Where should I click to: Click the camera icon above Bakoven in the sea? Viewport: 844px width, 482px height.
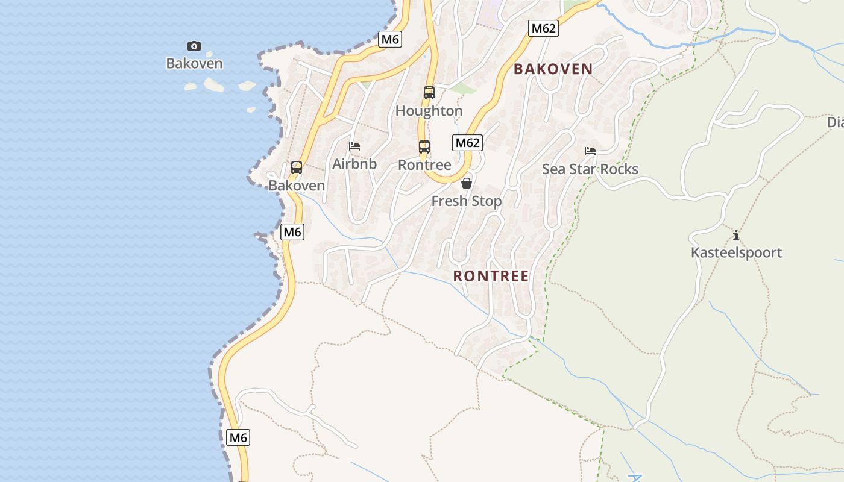tap(194, 46)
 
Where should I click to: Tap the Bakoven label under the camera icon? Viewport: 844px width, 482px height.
tap(194, 63)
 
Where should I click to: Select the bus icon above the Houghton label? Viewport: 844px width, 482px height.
tap(429, 93)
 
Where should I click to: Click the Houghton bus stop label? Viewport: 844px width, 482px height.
tap(429, 111)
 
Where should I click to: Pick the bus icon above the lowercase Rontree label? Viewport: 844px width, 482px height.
tap(424, 147)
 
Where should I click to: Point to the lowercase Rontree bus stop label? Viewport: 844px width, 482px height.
tap(424, 165)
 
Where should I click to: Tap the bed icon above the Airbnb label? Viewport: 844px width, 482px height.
tap(354, 146)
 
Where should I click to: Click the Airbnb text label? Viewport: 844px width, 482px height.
tap(354, 164)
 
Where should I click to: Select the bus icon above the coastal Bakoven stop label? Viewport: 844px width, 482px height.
tap(297, 167)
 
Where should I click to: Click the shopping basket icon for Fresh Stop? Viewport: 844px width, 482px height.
tap(467, 183)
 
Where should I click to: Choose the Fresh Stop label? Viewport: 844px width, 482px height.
tap(467, 201)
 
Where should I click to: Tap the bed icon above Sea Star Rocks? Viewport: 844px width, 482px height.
tap(590, 151)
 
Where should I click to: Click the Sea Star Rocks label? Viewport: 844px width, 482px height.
tap(590, 169)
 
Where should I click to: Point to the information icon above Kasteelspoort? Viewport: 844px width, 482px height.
tap(735, 235)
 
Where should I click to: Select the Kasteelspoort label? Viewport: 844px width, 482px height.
tap(736, 252)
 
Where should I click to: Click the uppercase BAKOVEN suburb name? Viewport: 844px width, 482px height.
tap(553, 69)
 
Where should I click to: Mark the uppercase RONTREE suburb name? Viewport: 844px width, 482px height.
tap(491, 276)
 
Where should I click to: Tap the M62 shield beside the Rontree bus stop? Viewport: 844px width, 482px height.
tap(468, 143)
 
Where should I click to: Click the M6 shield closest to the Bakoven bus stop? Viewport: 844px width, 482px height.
tap(292, 231)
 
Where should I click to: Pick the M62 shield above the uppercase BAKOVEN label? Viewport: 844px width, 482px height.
tap(543, 28)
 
